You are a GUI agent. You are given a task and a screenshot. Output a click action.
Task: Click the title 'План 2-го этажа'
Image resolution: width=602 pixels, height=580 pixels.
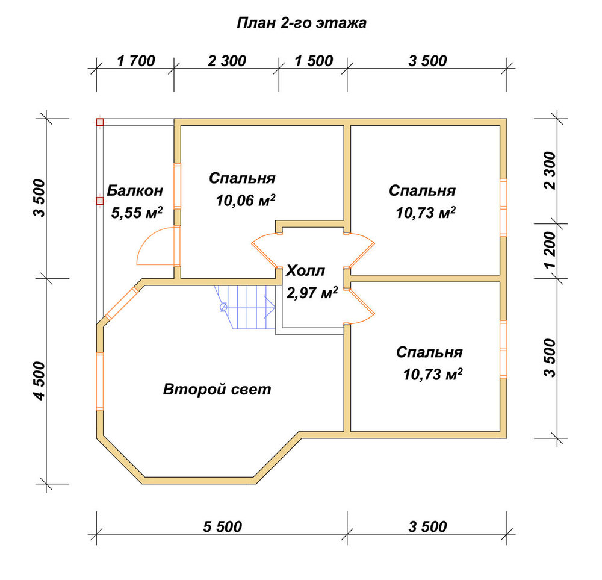coord(302,23)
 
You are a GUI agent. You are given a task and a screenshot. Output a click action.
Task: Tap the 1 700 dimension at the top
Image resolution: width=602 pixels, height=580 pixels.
coord(136,61)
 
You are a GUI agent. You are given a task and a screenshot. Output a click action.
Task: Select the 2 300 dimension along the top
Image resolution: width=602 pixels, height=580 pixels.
coord(227,61)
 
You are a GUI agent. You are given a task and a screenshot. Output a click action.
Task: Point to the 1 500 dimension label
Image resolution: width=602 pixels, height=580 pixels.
coord(314,61)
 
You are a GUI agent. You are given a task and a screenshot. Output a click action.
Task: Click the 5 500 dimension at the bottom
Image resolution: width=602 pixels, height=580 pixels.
coord(223,526)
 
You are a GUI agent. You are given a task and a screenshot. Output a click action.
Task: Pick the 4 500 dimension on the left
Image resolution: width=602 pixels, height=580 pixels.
coord(40,381)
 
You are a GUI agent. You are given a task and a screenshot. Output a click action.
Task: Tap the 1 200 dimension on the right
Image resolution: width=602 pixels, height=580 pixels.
coord(550,250)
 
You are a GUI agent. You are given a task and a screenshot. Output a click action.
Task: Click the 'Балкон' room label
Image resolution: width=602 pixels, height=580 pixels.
coord(135,190)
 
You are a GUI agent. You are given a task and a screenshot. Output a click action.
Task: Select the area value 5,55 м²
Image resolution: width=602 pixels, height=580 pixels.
coord(137,213)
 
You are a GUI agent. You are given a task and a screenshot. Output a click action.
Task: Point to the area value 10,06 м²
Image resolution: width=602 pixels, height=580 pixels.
coord(246,200)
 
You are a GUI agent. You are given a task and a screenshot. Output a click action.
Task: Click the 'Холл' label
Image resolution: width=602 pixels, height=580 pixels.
coord(306,271)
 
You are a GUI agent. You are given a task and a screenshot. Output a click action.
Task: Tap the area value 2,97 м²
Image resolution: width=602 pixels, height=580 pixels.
coord(312,293)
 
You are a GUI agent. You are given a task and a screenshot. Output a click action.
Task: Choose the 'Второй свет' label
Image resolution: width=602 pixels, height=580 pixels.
coord(217,390)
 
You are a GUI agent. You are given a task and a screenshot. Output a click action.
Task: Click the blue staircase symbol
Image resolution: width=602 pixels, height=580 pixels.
coord(244,307)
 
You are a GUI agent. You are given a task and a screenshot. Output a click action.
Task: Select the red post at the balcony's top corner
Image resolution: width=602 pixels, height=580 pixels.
coord(100,122)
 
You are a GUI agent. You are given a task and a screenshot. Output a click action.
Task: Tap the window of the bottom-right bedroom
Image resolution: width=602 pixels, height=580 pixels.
coord(503,349)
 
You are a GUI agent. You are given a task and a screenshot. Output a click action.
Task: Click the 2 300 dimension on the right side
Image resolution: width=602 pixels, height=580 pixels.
coord(550,170)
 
